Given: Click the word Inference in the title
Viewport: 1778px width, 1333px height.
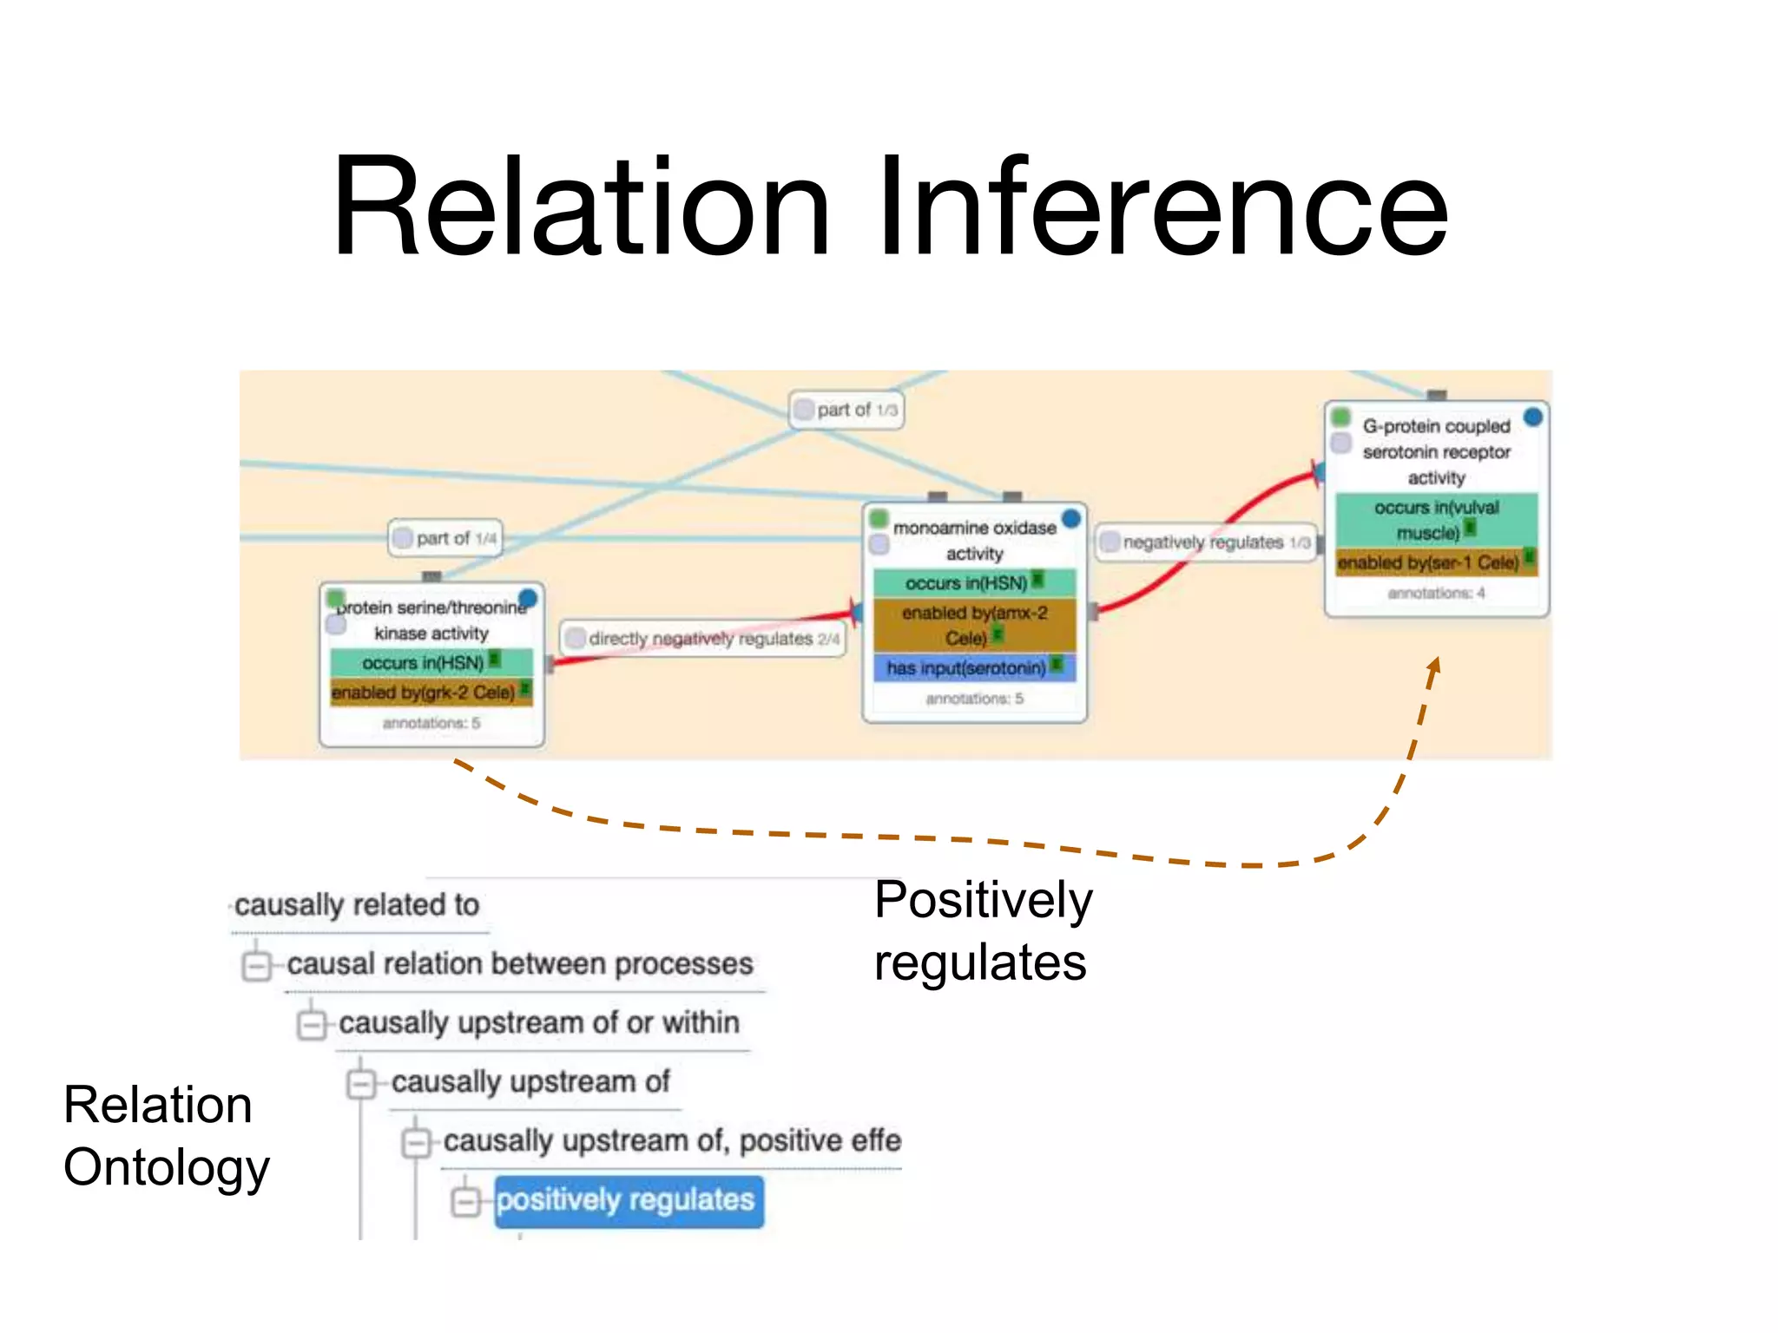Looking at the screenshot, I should point(1163,208).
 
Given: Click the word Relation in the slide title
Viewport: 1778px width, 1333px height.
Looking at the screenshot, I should point(582,208).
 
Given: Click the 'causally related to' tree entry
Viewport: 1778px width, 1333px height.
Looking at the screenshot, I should point(357,905).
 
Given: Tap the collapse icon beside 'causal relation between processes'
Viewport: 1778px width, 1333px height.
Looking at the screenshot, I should point(256,965).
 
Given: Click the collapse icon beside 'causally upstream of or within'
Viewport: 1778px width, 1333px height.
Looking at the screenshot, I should point(310,1024).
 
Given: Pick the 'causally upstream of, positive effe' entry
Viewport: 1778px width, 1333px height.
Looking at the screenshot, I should point(672,1141).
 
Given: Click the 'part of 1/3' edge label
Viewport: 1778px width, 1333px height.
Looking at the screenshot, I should point(847,410).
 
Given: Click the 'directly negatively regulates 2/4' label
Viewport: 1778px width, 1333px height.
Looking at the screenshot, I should point(703,639).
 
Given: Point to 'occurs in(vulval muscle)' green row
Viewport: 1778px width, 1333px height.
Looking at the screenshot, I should point(1436,519).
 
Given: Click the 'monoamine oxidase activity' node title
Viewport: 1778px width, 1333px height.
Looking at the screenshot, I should point(974,540).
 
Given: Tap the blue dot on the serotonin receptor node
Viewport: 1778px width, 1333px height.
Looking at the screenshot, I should point(1533,417).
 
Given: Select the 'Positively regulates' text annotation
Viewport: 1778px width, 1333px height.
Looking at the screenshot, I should point(982,931).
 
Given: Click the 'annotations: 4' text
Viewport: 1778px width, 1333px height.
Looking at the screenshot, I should point(1436,594).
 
